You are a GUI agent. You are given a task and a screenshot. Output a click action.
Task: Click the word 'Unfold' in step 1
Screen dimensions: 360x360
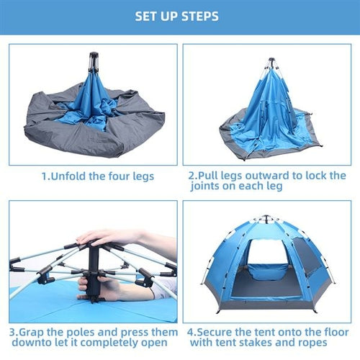tap(71, 176)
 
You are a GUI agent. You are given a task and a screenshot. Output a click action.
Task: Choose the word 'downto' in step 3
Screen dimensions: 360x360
tap(29, 343)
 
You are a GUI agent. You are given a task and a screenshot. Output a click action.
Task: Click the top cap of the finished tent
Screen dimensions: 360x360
tap(267, 217)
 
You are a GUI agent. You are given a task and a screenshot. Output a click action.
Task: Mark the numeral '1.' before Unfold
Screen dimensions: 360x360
tap(45, 176)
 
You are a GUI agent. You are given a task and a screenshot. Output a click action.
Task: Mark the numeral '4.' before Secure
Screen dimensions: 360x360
tap(192, 333)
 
